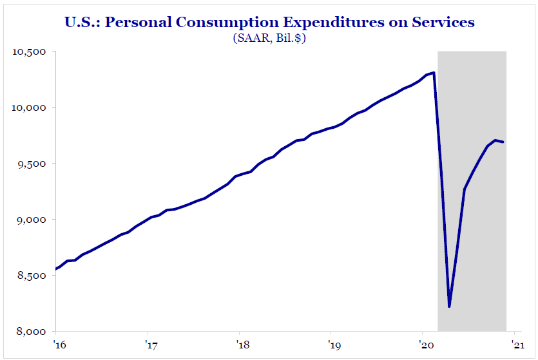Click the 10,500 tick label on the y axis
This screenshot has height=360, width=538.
point(29,52)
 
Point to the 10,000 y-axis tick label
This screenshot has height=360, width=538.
point(29,108)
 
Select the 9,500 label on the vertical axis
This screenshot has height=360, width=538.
point(32,164)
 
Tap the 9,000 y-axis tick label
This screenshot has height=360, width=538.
point(32,220)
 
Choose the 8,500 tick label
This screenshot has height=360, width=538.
point(32,276)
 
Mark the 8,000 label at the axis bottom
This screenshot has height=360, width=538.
point(32,332)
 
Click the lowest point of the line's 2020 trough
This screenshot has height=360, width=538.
point(449,307)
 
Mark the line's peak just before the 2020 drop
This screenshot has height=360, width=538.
point(434,73)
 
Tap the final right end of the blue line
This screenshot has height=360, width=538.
point(504,142)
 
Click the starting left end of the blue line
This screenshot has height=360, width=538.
point(57,269)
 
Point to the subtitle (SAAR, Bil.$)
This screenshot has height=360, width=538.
point(269,39)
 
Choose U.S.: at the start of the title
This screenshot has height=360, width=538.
point(82,23)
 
